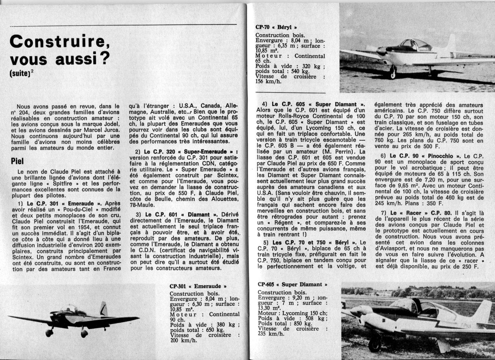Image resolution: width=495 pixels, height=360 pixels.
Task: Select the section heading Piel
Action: point(17,161)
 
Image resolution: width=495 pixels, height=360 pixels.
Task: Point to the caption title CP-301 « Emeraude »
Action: point(198,286)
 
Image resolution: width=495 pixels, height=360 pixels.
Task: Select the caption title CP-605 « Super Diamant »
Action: point(292,284)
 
